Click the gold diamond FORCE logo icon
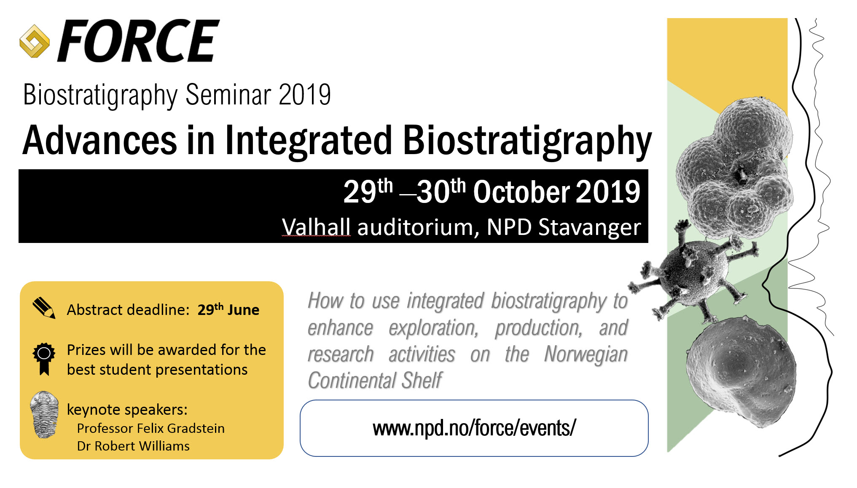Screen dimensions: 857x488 click(x=35, y=41)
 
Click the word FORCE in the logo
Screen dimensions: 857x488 click(x=139, y=41)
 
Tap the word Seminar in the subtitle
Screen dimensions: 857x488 click(x=228, y=94)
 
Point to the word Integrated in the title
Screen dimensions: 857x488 click(x=309, y=141)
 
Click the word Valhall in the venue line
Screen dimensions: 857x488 click(x=316, y=227)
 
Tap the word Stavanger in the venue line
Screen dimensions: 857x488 click(x=590, y=228)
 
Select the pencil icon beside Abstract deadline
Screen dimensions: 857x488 click(x=44, y=308)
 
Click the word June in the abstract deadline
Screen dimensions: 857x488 click(x=244, y=310)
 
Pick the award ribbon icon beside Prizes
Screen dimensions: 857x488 click(x=44, y=359)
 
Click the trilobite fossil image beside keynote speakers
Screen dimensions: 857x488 click(x=44, y=415)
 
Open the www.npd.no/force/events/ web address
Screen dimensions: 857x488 click(x=474, y=428)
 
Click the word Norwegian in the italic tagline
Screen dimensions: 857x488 click(x=586, y=355)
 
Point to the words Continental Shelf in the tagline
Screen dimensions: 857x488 click(x=375, y=381)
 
